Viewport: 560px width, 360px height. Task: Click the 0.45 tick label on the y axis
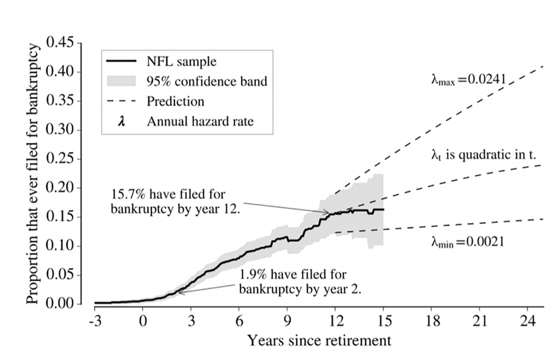coord(62,43)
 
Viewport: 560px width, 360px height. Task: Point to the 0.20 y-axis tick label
coord(62,188)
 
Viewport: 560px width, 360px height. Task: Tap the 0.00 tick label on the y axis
coord(62,304)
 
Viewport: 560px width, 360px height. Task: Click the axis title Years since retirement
coord(319,340)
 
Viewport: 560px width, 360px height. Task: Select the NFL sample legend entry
coord(181,61)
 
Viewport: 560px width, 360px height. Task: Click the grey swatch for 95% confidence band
coord(121,81)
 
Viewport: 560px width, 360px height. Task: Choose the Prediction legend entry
coord(175,101)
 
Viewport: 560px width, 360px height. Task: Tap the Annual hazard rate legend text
coord(200,121)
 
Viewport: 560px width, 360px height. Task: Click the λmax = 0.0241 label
coord(469,80)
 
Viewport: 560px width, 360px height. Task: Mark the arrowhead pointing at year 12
coord(328,212)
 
